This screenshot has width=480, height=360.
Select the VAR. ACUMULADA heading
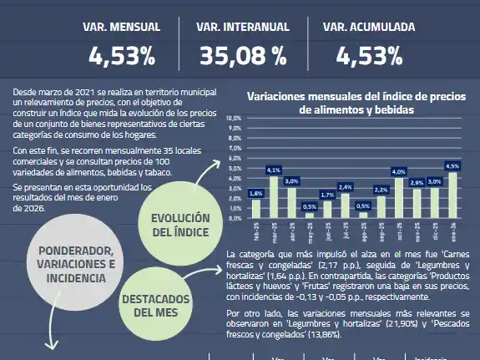click(x=369, y=28)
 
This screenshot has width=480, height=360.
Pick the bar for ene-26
click(x=453, y=195)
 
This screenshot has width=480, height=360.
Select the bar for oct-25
click(x=399, y=197)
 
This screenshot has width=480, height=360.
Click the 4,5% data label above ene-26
click(x=453, y=166)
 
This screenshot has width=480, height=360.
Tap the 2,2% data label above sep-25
click(x=381, y=190)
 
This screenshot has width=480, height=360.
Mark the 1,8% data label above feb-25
click(x=256, y=193)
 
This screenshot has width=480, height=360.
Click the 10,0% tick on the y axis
click(x=234, y=119)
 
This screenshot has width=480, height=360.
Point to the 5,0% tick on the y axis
click(x=235, y=168)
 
